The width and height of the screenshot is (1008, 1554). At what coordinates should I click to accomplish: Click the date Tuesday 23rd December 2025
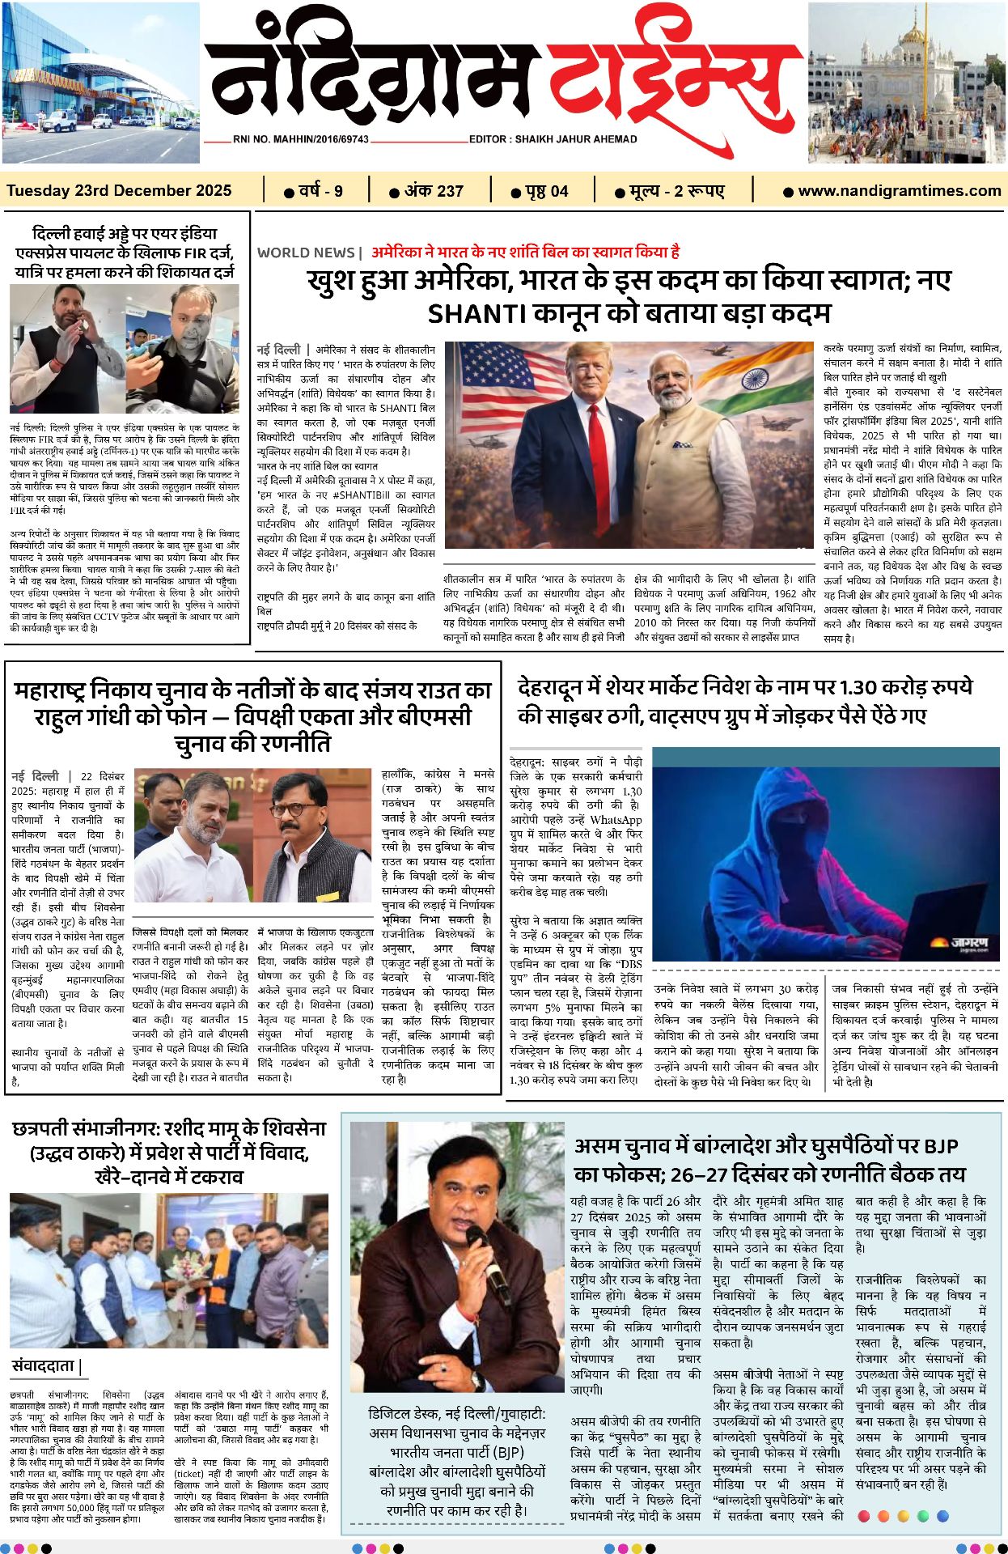point(119,191)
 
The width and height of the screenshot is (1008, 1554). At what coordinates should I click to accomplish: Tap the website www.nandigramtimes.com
point(899,191)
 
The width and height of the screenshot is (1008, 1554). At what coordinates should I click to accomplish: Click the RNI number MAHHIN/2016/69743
point(300,139)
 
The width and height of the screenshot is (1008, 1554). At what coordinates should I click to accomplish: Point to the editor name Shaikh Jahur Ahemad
point(553,139)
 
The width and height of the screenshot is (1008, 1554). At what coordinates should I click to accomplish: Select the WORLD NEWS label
point(306,253)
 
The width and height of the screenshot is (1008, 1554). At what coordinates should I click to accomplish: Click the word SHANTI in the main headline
point(472,313)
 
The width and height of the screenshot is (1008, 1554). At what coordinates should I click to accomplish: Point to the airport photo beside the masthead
point(100,83)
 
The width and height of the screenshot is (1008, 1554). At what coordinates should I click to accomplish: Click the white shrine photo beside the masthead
point(907,83)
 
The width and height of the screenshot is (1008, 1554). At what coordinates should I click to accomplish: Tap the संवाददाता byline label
point(44,1366)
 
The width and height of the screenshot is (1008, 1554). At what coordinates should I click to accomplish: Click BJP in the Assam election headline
point(940,1146)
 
